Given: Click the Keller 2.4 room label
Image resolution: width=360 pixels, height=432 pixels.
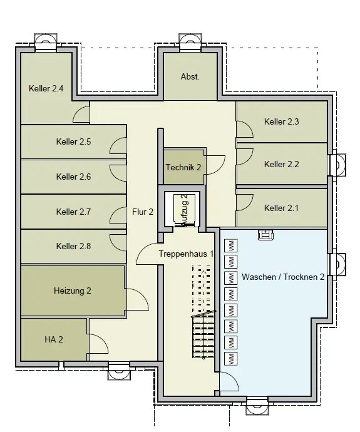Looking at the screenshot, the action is (x=46, y=88).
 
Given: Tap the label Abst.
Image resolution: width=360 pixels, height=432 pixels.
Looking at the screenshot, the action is (x=190, y=76).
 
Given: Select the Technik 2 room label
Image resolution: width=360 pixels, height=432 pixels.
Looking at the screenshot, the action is (x=183, y=167).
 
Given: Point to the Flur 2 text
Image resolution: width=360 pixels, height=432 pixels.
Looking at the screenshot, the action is (x=143, y=212).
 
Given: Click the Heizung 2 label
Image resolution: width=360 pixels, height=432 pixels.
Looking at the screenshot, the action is (x=73, y=291).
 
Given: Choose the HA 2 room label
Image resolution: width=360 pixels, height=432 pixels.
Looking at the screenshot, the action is (x=54, y=339).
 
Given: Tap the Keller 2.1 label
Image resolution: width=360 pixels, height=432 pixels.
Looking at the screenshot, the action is (x=281, y=208).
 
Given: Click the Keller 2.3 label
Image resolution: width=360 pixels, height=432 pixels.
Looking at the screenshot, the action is (x=282, y=121).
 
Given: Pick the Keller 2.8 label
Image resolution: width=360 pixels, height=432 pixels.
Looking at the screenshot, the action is (x=73, y=246).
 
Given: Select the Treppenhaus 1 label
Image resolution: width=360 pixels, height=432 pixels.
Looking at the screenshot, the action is (x=186, y=254).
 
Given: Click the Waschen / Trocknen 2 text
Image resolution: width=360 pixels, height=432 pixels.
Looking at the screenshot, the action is (x=283, y=277).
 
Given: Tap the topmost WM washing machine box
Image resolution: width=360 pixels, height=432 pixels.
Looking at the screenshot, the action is (x=232, y=245).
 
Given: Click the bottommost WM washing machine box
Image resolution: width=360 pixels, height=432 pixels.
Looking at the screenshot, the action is (x=232, y=359).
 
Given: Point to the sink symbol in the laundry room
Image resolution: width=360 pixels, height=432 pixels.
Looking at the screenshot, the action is (x=266, y=234).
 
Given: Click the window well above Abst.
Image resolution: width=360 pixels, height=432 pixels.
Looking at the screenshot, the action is (x=190, y=41).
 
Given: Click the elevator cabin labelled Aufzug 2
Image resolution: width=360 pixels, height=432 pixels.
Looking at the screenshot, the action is (x=184, y=210).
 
